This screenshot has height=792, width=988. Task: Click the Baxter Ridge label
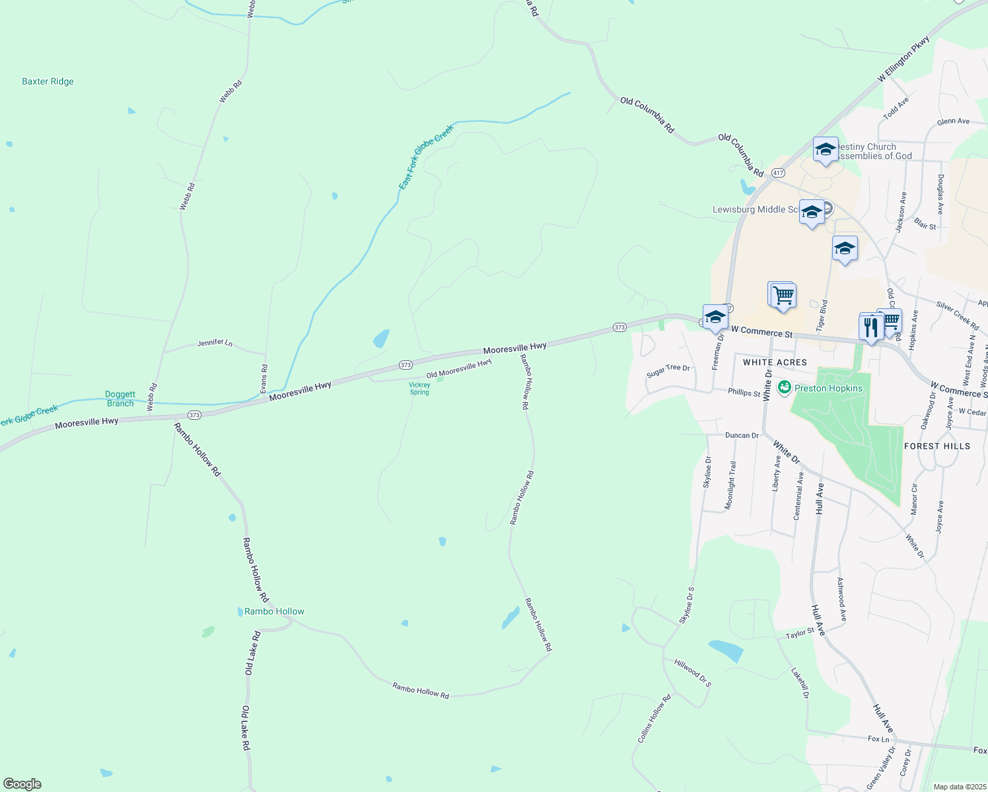pyautogui.click(x=48, y=82)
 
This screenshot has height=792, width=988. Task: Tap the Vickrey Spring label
pyautogui.click(x=419, y=389)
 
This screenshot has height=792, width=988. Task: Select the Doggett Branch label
pyautogui.click(x=120, y=399)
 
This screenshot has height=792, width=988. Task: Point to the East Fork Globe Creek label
pyautogui.click(x=426, y=157)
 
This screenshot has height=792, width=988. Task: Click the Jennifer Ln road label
pyautogui.click(x=215, y=343)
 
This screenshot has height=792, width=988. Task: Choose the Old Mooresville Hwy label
pyautogui.click(x=459, y=369)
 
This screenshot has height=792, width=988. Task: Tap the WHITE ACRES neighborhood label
pyautogui.click(x=775, y=362)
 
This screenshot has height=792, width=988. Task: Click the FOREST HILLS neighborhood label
pyautogui.click(x=937, y=446)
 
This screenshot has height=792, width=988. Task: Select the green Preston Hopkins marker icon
pyautogui.click(x=785, y=387)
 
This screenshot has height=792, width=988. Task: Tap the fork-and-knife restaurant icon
pyautogui.click(x=871, y=327)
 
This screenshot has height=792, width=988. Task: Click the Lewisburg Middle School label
pyautogui.click(x=755, y=209)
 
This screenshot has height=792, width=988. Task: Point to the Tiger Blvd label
pyautogui.click(x=822, y=315)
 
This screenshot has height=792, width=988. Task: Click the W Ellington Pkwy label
pyautogui.click(x=903, y=59)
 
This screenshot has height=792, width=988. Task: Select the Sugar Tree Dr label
pyautogui.click(x=668, y=371)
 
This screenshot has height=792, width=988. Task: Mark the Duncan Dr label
pyautogui.click(x=742, y=436)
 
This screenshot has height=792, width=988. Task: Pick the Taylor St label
pyautogui.click(x=800, y=634)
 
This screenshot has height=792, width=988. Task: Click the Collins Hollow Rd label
pyautogui.click(x=654, y=719)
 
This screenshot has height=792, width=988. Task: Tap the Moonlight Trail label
pyautogui.click(x=730, y=485)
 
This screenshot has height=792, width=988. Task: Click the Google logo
pyautogui.click(x=22, y=784)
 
